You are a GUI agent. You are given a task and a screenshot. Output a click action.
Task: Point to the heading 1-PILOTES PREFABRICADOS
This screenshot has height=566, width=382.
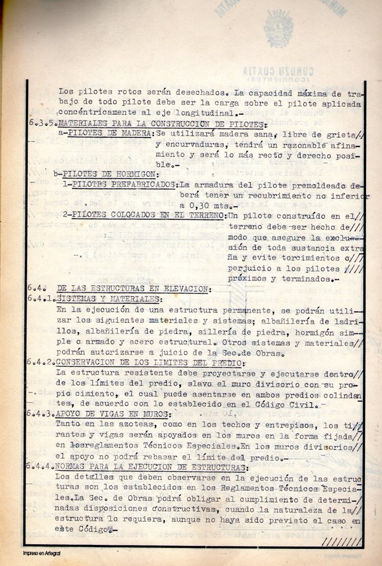(120, 185)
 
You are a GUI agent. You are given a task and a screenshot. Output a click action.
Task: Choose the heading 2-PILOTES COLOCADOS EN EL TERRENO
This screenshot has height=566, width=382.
(144, 216)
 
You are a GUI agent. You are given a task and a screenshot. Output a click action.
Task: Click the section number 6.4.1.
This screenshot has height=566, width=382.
(41, 299)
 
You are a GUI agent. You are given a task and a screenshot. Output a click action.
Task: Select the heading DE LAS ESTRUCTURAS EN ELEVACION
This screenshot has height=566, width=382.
(133, 289)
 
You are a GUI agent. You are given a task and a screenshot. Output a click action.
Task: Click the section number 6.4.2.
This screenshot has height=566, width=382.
(41, 363)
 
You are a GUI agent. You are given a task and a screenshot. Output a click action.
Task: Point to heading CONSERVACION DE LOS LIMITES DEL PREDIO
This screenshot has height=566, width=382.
(149, 363)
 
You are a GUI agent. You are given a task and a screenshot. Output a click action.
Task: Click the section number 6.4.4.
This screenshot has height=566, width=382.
(41, 467)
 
